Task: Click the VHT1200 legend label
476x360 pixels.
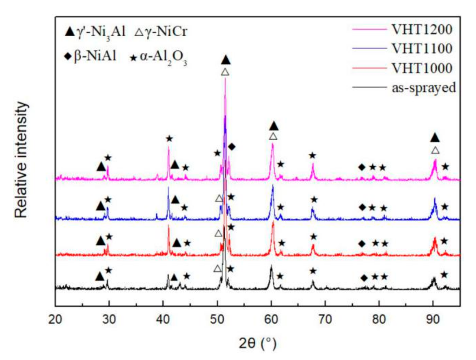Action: (x=422, y=29)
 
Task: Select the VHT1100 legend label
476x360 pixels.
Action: (x=422, y=49)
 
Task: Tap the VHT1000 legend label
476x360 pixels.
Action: (x=422, y=68)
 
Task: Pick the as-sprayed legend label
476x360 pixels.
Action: (x=424, y=87)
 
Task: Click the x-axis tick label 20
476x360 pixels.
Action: (x=55, y=319)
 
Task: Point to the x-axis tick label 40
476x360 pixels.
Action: (x=163, y=319)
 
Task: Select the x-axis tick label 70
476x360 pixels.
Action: (x=325, y=319)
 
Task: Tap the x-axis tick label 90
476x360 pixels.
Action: (x=433, y=319)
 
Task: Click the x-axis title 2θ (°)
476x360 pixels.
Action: (x=257, y=343)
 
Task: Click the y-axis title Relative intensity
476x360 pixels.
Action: (x=21, y=160)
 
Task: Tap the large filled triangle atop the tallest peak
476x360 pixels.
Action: (x=225, y=60)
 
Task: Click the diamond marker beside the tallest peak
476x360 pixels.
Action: (x=232, y=146)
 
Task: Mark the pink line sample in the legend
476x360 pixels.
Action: (x=370, y=29)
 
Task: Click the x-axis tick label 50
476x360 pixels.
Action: (x=217, y=319)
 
